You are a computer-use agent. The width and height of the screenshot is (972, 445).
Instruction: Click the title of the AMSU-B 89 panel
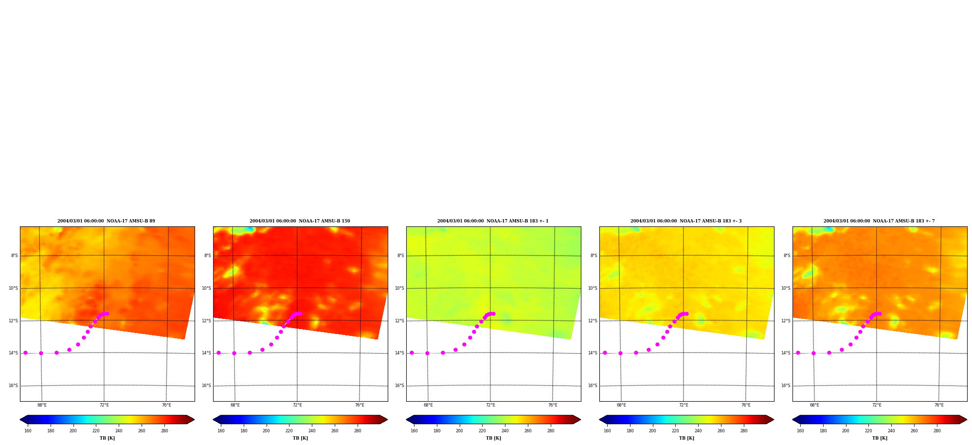[x=106, y=221]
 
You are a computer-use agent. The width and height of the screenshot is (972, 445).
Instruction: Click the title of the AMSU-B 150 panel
[x=300, y=221]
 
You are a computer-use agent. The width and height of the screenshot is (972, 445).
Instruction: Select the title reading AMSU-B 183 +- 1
[x=493, y=221]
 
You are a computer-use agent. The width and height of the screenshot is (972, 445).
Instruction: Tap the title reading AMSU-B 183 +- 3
[x=686, y=221]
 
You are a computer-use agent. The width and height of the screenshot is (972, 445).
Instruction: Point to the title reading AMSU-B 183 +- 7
[x=879, y=221]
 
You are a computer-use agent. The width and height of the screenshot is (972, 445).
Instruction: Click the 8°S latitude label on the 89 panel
[x=15, y=256]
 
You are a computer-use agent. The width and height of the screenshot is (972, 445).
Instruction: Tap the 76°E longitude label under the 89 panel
[x=166, y=405]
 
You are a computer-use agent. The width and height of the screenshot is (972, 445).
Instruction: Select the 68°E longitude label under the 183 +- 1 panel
[x=428, y=405]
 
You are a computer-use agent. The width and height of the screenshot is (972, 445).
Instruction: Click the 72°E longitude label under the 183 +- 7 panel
[x=877, y=405]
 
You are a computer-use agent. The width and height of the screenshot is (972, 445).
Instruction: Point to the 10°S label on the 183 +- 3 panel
[x=593, y=288]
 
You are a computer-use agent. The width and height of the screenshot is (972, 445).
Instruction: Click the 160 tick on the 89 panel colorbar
[x=28, y=431]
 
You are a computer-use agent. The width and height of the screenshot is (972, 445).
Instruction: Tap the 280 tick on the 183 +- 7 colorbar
[x=937, y=431]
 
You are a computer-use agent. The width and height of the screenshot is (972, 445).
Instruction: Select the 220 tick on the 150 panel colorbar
[x=289, y=431]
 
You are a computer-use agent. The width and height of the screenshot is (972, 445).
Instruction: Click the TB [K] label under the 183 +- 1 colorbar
[x=493, y=438]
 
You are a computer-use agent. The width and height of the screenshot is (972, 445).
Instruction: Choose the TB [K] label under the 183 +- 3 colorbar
[x=686, y=438]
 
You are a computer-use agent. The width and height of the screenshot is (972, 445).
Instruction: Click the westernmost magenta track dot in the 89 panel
[x=25, y=353]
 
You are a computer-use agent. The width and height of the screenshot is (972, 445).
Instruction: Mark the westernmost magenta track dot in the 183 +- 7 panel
[x=798, y=353]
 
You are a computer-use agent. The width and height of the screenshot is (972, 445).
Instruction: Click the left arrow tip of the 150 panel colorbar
[x=213, y=420]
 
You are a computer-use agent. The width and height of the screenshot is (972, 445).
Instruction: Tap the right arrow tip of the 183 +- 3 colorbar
[x=774, y=420]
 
